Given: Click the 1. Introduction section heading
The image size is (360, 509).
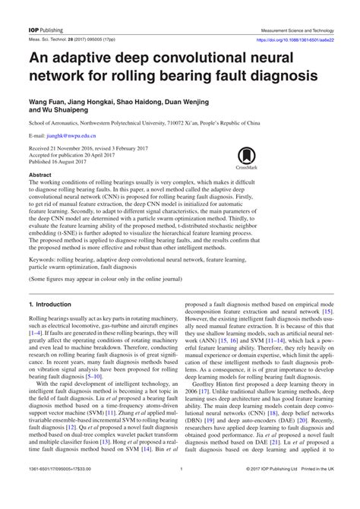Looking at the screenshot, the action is [x=49, y=304].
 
